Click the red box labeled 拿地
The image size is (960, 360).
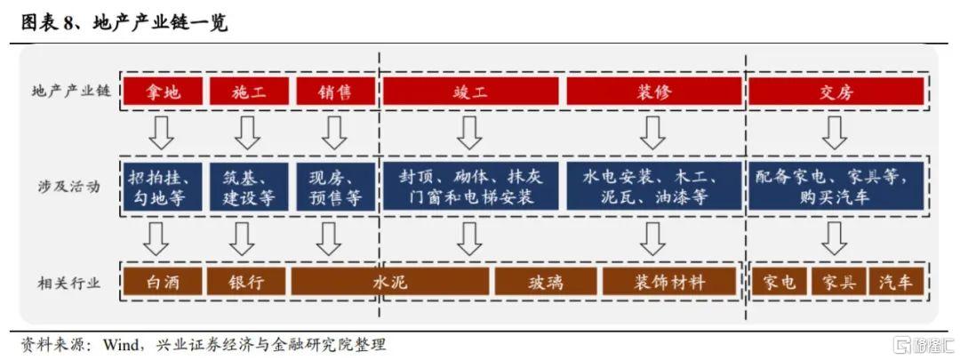point(163,92)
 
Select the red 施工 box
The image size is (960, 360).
point(249,92)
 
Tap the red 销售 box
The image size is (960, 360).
point(335,92)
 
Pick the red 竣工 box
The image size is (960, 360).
point(471,92)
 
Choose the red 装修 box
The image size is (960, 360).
point(653,92)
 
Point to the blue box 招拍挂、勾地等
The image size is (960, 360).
point(163,187)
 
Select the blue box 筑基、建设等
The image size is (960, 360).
point(249,187)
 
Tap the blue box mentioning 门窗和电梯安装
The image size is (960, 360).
point(471,187)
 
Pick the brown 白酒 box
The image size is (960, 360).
point(163,283)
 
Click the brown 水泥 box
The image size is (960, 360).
point(390,283)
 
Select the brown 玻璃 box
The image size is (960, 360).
point(546,283)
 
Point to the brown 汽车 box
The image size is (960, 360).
point(896,283)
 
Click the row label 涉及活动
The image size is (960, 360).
point(68,187)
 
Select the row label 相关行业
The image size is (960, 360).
point(68,283)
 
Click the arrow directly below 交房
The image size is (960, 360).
point(834,132)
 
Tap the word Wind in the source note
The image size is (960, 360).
point(122,343)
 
